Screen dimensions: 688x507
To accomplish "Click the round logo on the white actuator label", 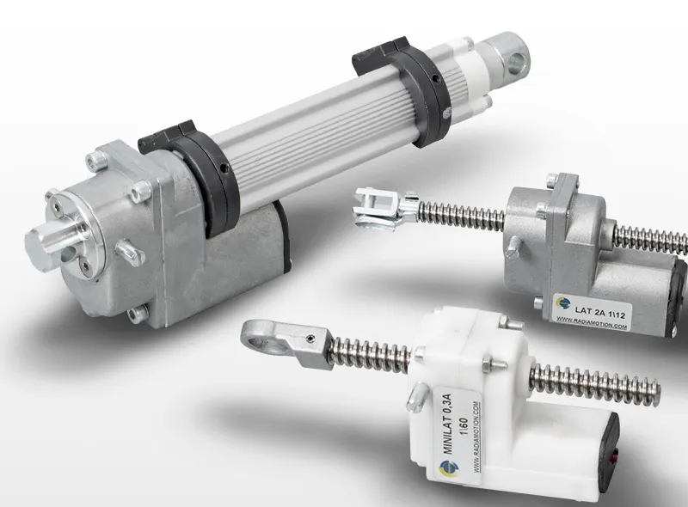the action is (x=446, y=468).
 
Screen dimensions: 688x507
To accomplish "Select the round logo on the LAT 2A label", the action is (x=563, y=303).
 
